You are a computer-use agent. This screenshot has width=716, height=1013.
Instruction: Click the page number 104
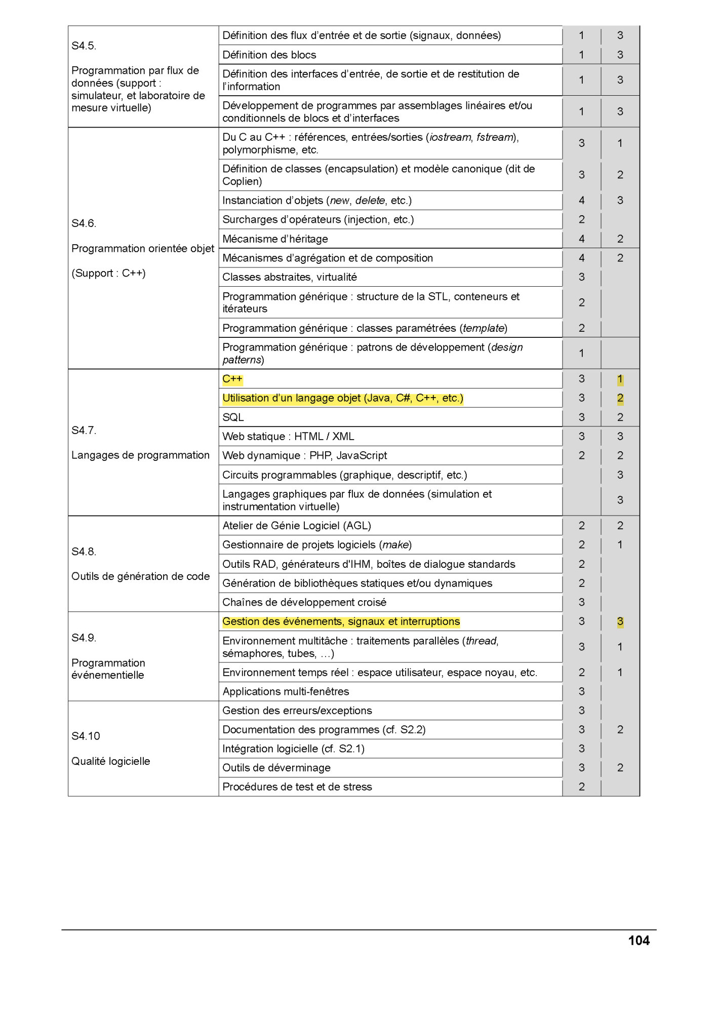point(639,941)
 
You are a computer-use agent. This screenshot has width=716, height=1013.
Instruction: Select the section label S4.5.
point(84,46)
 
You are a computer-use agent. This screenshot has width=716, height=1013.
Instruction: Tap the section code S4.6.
point(84,223)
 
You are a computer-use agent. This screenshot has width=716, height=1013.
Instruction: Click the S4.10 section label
point(86,736)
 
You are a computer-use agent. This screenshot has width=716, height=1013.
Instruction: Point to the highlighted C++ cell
point(232,379)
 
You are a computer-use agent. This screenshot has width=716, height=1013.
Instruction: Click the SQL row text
point(233,417)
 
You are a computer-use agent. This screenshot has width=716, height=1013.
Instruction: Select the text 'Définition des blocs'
point(269,55)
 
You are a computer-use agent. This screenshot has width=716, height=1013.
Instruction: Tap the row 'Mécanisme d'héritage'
point(275,239)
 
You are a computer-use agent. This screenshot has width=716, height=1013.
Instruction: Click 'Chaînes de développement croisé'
point(304,602)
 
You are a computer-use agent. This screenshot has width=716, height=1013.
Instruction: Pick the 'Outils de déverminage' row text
point(276,768)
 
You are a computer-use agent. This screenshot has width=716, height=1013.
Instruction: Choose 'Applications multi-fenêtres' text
point(286,691)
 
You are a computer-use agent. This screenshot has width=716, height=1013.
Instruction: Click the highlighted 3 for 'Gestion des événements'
point(620,621)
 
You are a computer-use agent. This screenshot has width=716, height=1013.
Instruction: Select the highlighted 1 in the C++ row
point(620,379)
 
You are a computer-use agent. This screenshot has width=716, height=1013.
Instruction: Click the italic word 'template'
point(483,328)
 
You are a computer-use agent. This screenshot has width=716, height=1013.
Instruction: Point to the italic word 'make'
point(395,545)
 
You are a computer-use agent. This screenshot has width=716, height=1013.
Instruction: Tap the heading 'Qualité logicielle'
point(110,761)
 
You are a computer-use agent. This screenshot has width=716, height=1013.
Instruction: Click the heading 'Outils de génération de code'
point(140,576)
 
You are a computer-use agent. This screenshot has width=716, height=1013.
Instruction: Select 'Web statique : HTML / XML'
point(288,437)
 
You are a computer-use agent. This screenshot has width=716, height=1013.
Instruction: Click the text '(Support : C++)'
point(108,274)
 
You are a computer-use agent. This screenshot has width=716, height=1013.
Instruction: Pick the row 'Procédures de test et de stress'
point(297,787)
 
